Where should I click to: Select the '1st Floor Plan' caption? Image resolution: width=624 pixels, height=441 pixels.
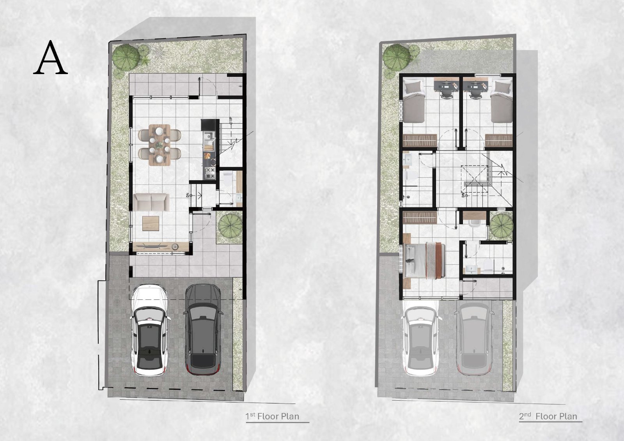tap(272, 416)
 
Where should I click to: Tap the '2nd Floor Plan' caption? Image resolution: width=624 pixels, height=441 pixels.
tap(548, 416)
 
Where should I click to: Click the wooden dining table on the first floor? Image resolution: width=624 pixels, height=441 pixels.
tap(160, 145)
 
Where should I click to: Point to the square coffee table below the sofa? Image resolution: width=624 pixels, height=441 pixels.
tap(151, 223)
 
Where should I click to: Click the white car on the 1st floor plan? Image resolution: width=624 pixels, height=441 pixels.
tap(150, 330)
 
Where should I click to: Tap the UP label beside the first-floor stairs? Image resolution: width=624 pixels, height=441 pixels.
tap(230, 120)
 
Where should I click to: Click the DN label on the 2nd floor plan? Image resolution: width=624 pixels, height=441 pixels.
tap(463, 195)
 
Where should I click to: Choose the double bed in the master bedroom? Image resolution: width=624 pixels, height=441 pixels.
tap(424, 260)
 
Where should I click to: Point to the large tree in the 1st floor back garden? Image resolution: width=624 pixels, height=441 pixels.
tap(126, 58)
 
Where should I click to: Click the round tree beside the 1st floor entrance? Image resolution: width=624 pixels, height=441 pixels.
tap(230, 225)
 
